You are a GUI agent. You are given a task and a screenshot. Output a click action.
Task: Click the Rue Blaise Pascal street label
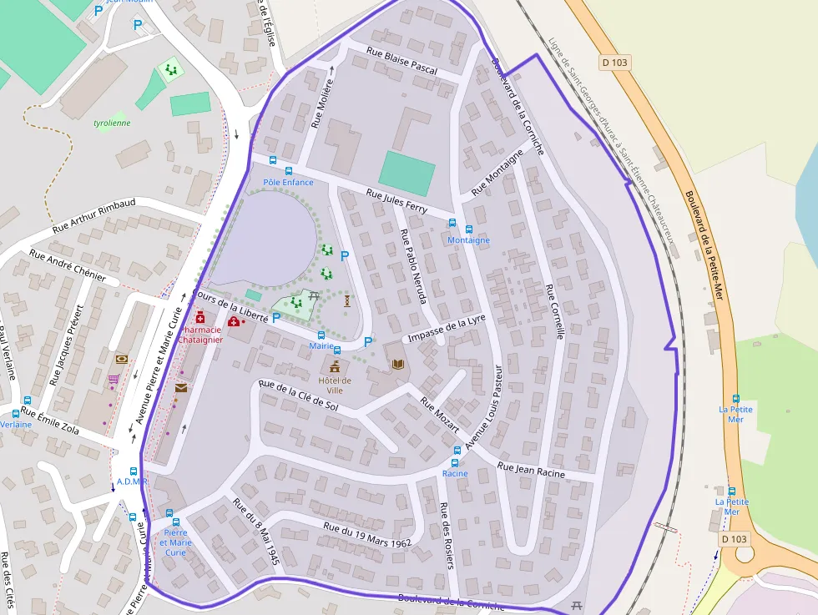pos(401,62)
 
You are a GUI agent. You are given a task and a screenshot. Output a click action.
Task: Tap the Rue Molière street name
pos(322,103)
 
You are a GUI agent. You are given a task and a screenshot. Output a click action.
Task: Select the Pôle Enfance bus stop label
pos(288,183)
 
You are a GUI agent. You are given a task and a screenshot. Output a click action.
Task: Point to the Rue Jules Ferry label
pos(396,201)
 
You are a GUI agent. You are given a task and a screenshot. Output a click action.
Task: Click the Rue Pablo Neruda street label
pos(413,266)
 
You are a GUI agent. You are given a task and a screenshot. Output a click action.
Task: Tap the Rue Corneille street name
pos(555,311)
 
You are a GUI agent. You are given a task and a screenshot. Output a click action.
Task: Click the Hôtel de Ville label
pos(335,385)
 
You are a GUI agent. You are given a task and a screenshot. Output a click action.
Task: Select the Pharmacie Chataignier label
pos(200,334)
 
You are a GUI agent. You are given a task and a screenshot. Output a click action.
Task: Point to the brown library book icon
pos(397,365)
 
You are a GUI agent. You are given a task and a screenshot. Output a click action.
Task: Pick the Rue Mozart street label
pos(439,415)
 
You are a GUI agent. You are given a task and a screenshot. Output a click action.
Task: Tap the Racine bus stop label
pos(455,473)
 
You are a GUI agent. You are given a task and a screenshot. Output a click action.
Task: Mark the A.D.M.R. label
pos(132,481)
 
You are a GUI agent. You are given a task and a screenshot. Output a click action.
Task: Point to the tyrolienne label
pos(112,123)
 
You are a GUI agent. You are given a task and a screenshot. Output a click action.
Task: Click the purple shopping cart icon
pos(114,380)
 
